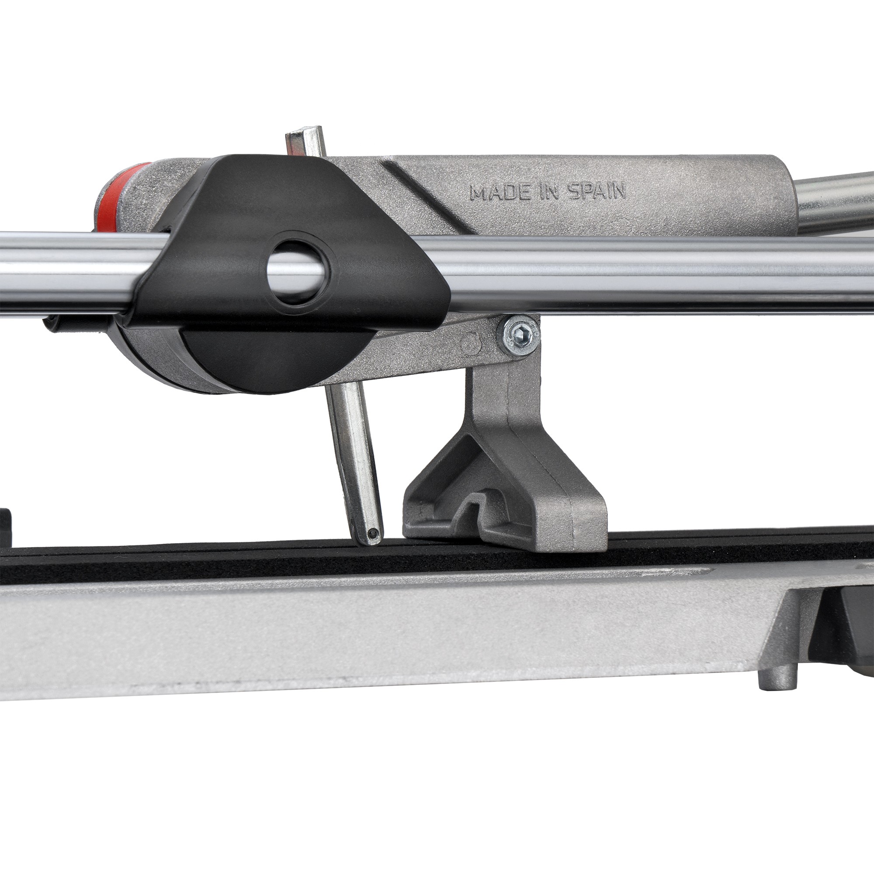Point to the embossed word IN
549,192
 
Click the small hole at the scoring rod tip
372,534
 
